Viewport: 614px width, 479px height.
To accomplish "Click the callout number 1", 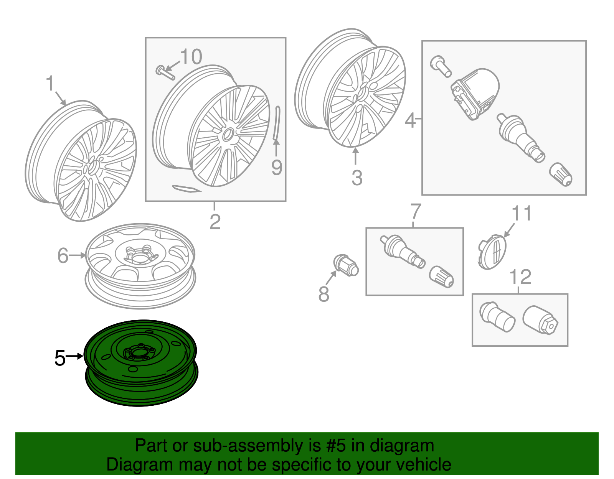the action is coord(50,83).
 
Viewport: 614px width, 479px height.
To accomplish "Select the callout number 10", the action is coord(191,56).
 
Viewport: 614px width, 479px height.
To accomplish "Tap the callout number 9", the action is coord(277,167).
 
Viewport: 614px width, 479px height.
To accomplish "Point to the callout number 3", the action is coord(357,178).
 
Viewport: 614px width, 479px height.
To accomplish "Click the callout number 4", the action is coord(410,120).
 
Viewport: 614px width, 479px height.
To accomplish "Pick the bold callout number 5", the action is coord(60,358).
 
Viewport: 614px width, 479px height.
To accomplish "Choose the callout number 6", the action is coord(63,255).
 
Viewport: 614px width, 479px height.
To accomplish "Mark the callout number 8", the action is coord(324,294).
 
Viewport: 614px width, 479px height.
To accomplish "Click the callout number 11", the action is coord(522,213).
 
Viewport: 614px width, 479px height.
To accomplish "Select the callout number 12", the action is coord(520,277).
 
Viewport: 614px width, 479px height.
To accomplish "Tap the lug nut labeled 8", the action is coord(346,266).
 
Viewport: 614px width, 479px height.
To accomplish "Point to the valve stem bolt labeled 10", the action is coord(165,72).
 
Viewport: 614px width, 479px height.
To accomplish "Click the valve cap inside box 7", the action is coord(441,277).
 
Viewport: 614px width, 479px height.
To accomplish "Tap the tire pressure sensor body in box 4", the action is coord(475,94).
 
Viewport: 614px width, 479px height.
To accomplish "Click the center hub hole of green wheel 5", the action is coord(139,353).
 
